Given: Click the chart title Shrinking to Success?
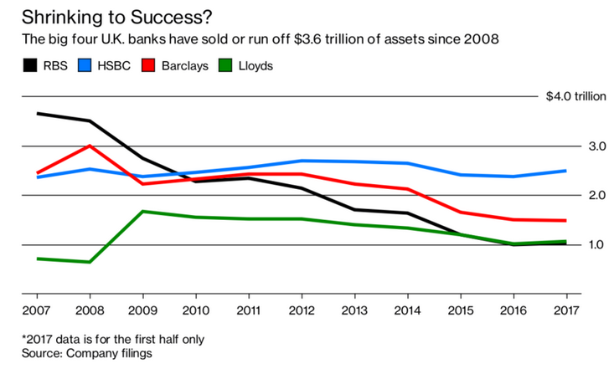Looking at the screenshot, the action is pos(116,18).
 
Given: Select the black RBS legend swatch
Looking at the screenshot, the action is pos(30,65).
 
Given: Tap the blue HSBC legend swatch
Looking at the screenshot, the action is pos(85,65).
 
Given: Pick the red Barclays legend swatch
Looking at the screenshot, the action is pos(148,65).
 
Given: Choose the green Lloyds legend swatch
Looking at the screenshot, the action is pos(225,65).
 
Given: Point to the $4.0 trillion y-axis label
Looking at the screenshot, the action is pos(576,96).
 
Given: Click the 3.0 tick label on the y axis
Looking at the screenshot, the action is pos(597,146).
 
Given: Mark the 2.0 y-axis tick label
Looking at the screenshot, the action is pos(597,195).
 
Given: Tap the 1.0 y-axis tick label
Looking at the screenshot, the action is pos(597,244).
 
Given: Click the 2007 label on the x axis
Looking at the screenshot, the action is pos(36,310).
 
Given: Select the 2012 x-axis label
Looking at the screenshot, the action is pos(302,310).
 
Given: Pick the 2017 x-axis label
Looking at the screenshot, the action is pos(566,310).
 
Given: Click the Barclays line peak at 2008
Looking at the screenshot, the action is pos(90,146).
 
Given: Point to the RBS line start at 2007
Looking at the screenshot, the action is pos(38,114).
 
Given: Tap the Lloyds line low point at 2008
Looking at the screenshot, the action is pos(90,262).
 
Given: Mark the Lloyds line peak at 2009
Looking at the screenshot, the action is pos(142,212).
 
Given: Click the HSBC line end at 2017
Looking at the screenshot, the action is pos(566,171).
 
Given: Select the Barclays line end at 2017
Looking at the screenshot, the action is pos(566,220).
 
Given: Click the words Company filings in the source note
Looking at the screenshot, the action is pos(109,353).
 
